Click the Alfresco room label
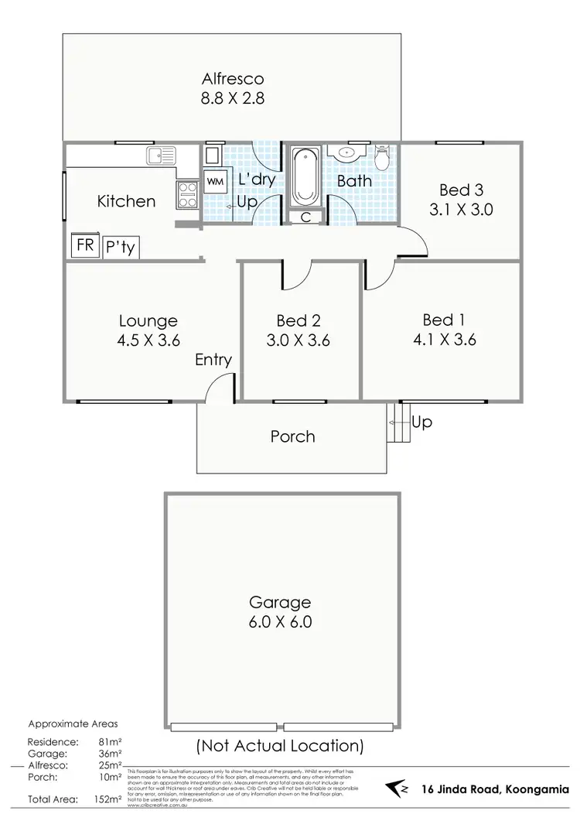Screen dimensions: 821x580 tap(233, 78)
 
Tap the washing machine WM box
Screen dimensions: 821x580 tap(213, 182)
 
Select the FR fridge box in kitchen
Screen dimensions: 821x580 tap(83, 245)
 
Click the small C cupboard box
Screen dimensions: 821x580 tap(306, 217)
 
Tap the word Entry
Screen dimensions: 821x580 tap(213, 359)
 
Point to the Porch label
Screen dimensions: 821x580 tap(292, 436)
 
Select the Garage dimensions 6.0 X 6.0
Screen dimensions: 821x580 tap(279, 621)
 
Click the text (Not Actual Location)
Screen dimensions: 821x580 tap(279, 746)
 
